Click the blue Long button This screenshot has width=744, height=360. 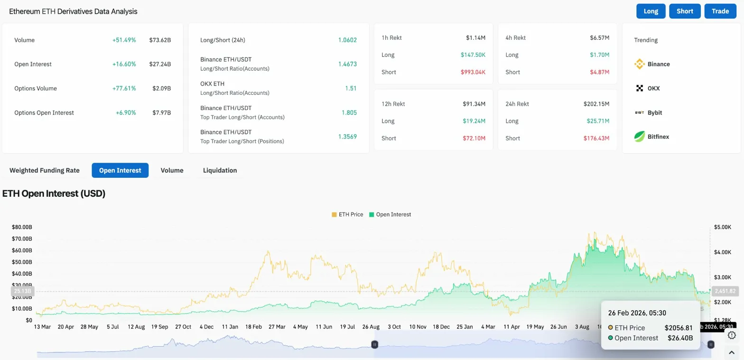[651, 11]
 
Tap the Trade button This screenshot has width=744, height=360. [720, 11]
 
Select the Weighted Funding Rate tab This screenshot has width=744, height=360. [45, 170]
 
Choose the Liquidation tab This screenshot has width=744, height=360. [220, 170]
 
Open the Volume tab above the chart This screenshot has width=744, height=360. [172, 170]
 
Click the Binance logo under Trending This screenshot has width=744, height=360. [640, 64]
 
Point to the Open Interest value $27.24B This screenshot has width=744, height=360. [160, 64]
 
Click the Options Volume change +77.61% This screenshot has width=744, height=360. [124, 88]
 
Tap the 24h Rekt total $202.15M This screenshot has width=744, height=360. [596, 104]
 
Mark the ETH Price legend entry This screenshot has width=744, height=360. [347, 214]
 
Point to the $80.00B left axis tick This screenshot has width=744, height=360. [22, 227]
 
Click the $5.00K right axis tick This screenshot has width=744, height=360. [723, 227]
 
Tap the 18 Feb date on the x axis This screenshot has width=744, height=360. [254, 327]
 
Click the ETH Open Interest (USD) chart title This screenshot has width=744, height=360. [54, 194]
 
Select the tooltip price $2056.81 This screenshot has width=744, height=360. [679, 328]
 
